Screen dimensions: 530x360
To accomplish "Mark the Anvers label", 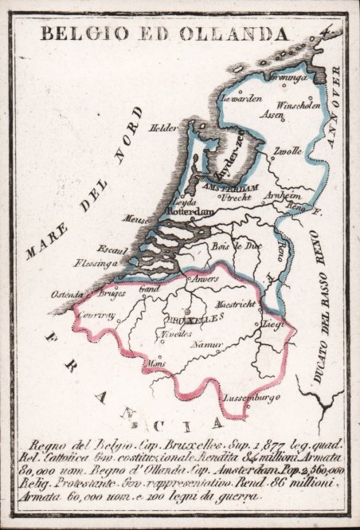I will [201, 279].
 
